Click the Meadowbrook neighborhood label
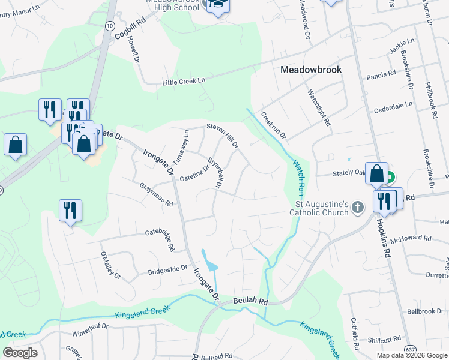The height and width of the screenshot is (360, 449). [x=311, y=70]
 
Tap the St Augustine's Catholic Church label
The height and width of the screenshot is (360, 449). [x=319, y=208]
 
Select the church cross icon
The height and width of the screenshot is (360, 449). [x=358, y=208]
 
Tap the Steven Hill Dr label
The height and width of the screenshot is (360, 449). [x=223, y=136]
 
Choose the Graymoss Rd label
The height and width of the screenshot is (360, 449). [x=156, y=195]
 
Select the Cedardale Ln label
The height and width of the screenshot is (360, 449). [x=393, y=104]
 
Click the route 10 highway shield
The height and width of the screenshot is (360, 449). [x=109, y=26]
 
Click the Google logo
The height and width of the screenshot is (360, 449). [x=20, y=352]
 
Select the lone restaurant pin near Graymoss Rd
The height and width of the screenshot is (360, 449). [x=71, y=211]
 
